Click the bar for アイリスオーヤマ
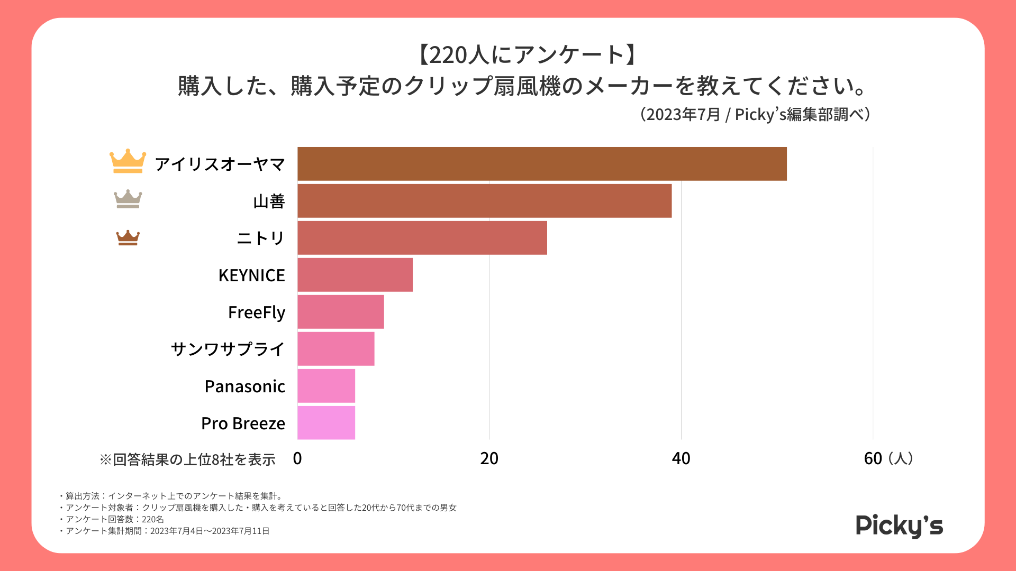[542, 164]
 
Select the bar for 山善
[484, 201]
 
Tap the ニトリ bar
[422, 238]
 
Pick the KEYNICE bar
[355, 275]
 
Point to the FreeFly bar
[341, 312]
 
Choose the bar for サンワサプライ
[336, 349]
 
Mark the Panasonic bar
[326, 386]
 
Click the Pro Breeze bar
[326, 423]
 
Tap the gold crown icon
[128, 161]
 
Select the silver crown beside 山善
[128, 199]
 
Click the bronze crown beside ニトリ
[128, 238]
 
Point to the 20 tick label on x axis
[489, 458]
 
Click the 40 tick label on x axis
[681, 458]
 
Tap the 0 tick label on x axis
[297, 458]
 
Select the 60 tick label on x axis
[873, 458]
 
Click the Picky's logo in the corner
[899, 526]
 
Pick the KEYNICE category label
[252, 275]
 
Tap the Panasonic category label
[245, 386]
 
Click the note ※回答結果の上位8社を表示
[188, 459]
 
